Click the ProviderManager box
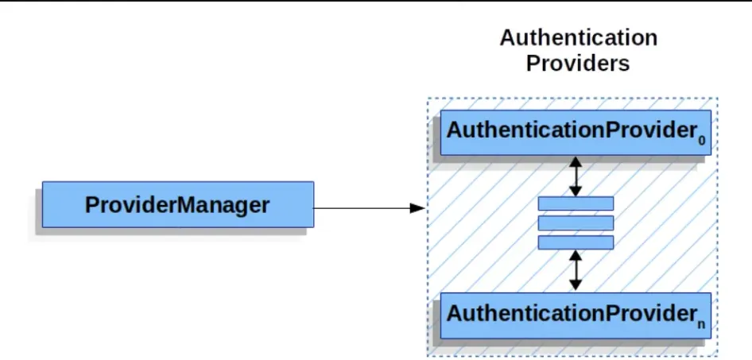click(177, 205)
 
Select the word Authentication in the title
click(578, 37)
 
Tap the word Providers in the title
click(578, 64)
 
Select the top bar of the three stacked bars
click(576, 203)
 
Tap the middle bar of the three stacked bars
click(576, 223)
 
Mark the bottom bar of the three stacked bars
click(576, 242)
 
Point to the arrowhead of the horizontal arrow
click(419, 208)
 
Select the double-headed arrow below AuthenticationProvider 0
click(576, 176)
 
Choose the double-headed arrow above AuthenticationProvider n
click(576, 270)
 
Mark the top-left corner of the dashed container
click(427, 99)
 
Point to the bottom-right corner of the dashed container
click(718, 354)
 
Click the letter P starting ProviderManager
click(91, 206)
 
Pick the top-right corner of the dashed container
click(718, 99)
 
